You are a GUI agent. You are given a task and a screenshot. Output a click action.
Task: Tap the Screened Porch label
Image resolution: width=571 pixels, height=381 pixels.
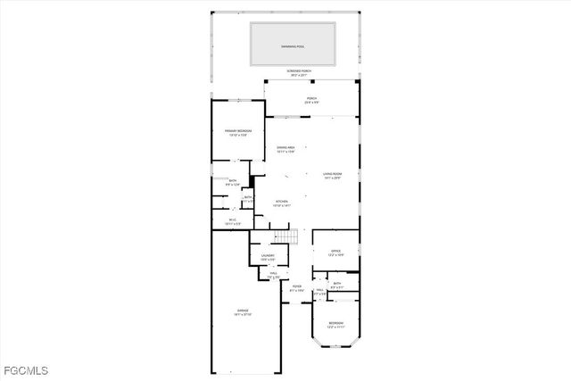tap(298, 70)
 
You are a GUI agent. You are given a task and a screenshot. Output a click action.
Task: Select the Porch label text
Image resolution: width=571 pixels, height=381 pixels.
tap(311, 98)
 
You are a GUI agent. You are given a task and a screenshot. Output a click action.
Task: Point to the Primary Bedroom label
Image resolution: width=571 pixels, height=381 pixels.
tap(237, 131)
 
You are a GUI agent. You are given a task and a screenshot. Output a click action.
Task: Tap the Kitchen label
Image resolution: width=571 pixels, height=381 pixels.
tap(281, 202)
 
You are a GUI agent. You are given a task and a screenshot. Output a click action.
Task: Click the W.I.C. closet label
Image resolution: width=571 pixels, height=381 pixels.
tap(232, 219)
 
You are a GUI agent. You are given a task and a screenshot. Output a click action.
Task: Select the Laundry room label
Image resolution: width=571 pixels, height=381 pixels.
tap(268, 255)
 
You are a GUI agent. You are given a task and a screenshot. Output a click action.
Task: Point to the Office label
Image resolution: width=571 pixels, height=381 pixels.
tap(336, 252)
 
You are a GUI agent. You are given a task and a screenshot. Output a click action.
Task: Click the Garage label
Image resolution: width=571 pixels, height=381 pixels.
tap(243, 311)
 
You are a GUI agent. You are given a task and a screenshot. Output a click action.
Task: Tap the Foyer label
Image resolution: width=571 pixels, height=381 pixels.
tap(296, 286)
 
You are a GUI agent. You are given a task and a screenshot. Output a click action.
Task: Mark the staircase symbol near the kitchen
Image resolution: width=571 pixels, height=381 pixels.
tap(285, 236)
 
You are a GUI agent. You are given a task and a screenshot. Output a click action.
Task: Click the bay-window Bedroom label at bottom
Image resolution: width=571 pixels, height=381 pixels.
tap(335, 323)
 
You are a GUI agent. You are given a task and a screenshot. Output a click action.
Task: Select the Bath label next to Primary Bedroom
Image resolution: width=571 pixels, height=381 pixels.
tap(233, 181)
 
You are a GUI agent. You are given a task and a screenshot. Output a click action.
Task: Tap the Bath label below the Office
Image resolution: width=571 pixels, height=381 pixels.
tap(336, 283)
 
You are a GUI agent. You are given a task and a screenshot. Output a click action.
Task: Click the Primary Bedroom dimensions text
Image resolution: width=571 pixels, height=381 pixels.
tap(237, 136)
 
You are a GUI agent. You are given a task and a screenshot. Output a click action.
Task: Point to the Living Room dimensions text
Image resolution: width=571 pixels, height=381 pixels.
tap(334, 178)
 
